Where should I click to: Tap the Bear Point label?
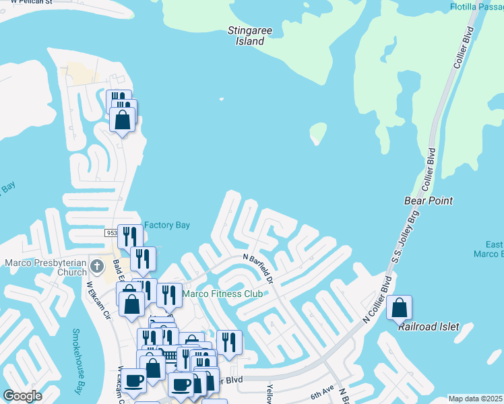[428, 201]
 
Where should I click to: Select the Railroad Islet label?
[429, 327]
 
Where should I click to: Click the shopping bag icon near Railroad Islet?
[400, 308]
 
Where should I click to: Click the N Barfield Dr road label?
[259, 268]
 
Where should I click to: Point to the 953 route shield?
[111, 232]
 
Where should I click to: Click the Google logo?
[22, 396]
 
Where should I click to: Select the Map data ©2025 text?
[475, 399]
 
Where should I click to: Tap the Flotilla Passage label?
[477, 7]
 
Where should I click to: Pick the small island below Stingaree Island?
[317, 133]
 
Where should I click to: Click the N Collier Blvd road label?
[378, 299]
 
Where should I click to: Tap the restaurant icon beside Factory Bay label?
[129, 236]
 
